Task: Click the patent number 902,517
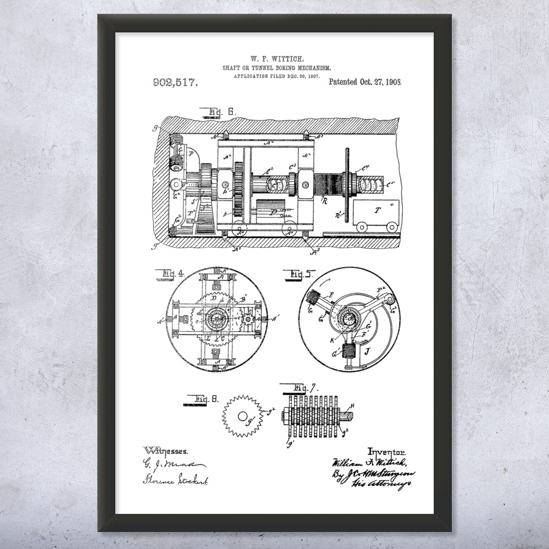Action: pyautogui.click(x=175, y=83)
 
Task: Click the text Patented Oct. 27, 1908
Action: pyautogui.click(x=365, y=82)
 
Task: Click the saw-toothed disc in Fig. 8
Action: pyautogui.click(x=243, y=416)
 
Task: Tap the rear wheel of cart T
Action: pyautogui.click(x=392, y=227)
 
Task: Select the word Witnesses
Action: pyautogui.click(x=166, y=451)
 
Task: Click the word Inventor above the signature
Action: pyautogui.click(x=388, y=451)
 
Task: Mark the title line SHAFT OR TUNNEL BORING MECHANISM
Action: pyautogui.click(x=277, y=68)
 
